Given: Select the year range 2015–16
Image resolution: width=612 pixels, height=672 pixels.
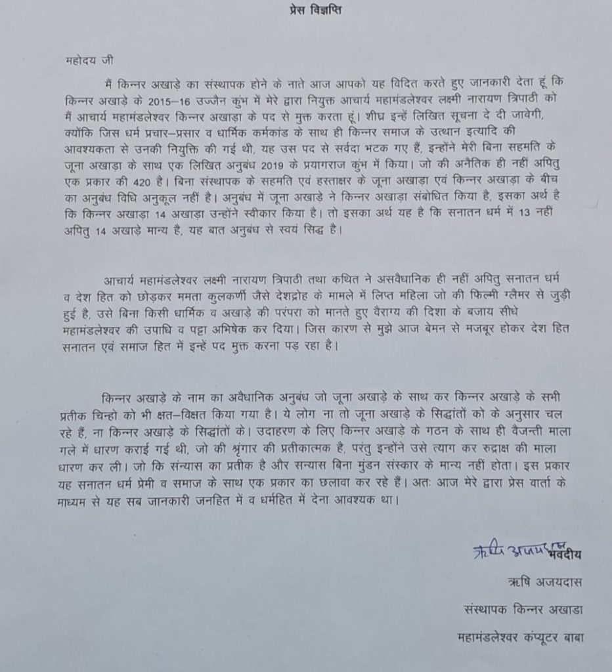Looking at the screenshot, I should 179,98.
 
